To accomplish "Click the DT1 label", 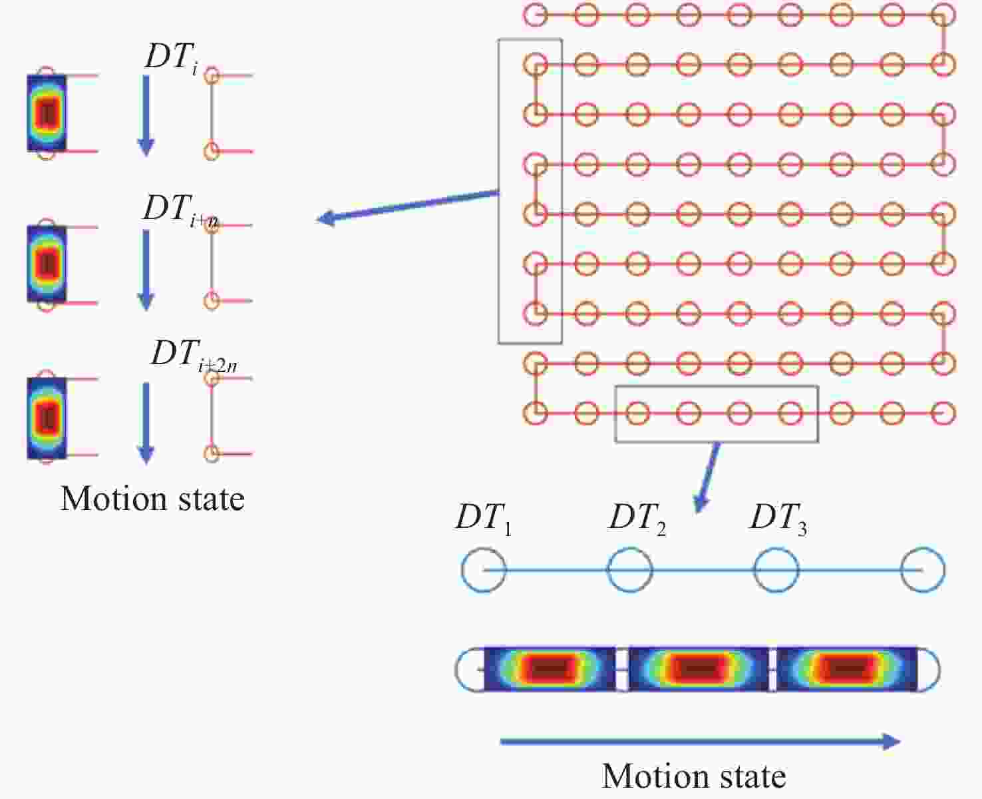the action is point(484,519).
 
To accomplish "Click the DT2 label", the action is point(637,519).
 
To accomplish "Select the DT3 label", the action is point(778,519).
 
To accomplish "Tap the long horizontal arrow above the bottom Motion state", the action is point(701,741).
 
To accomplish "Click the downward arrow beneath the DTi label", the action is point(146,116).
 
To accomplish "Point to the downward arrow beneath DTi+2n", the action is point(146,423).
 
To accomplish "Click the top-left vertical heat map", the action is point(47,113).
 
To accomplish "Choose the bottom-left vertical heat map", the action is point(47,418).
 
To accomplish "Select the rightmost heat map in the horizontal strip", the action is point(847,669).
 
